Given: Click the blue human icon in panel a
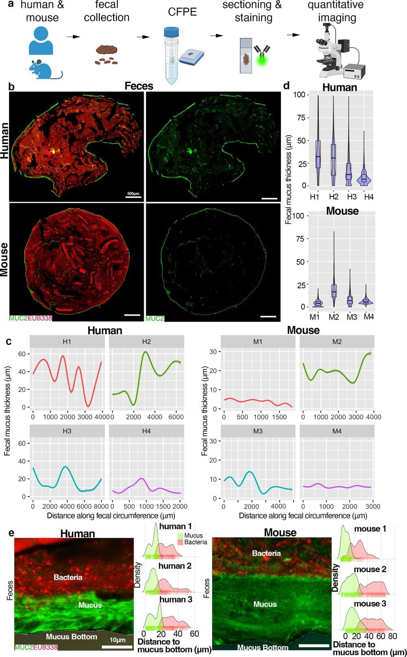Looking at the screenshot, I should (x=41, y=41).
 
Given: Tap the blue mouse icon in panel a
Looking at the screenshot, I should (x=45, y=69).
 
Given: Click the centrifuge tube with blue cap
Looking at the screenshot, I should (x=171, y=55).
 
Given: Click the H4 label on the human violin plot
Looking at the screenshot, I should (x=369, y=197).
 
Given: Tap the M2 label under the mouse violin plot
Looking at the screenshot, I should (x=334, y=317).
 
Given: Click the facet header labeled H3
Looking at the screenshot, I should (x=67, y=431).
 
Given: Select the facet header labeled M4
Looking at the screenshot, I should (x=337, y=431).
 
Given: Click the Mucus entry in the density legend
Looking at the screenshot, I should (x=193, y=535).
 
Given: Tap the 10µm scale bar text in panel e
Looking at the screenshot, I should (x=118, y=640).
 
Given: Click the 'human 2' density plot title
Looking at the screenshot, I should (x=175, y=566).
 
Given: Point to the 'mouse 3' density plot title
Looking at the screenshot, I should (x=370, y=603).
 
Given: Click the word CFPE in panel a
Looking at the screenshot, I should (x=182, y=12).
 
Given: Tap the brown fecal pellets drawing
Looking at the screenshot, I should (x=107, y=54).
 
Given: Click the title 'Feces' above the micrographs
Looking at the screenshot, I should (x=139, y=86).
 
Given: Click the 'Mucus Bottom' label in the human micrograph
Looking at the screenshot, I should (x=71, y=637).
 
